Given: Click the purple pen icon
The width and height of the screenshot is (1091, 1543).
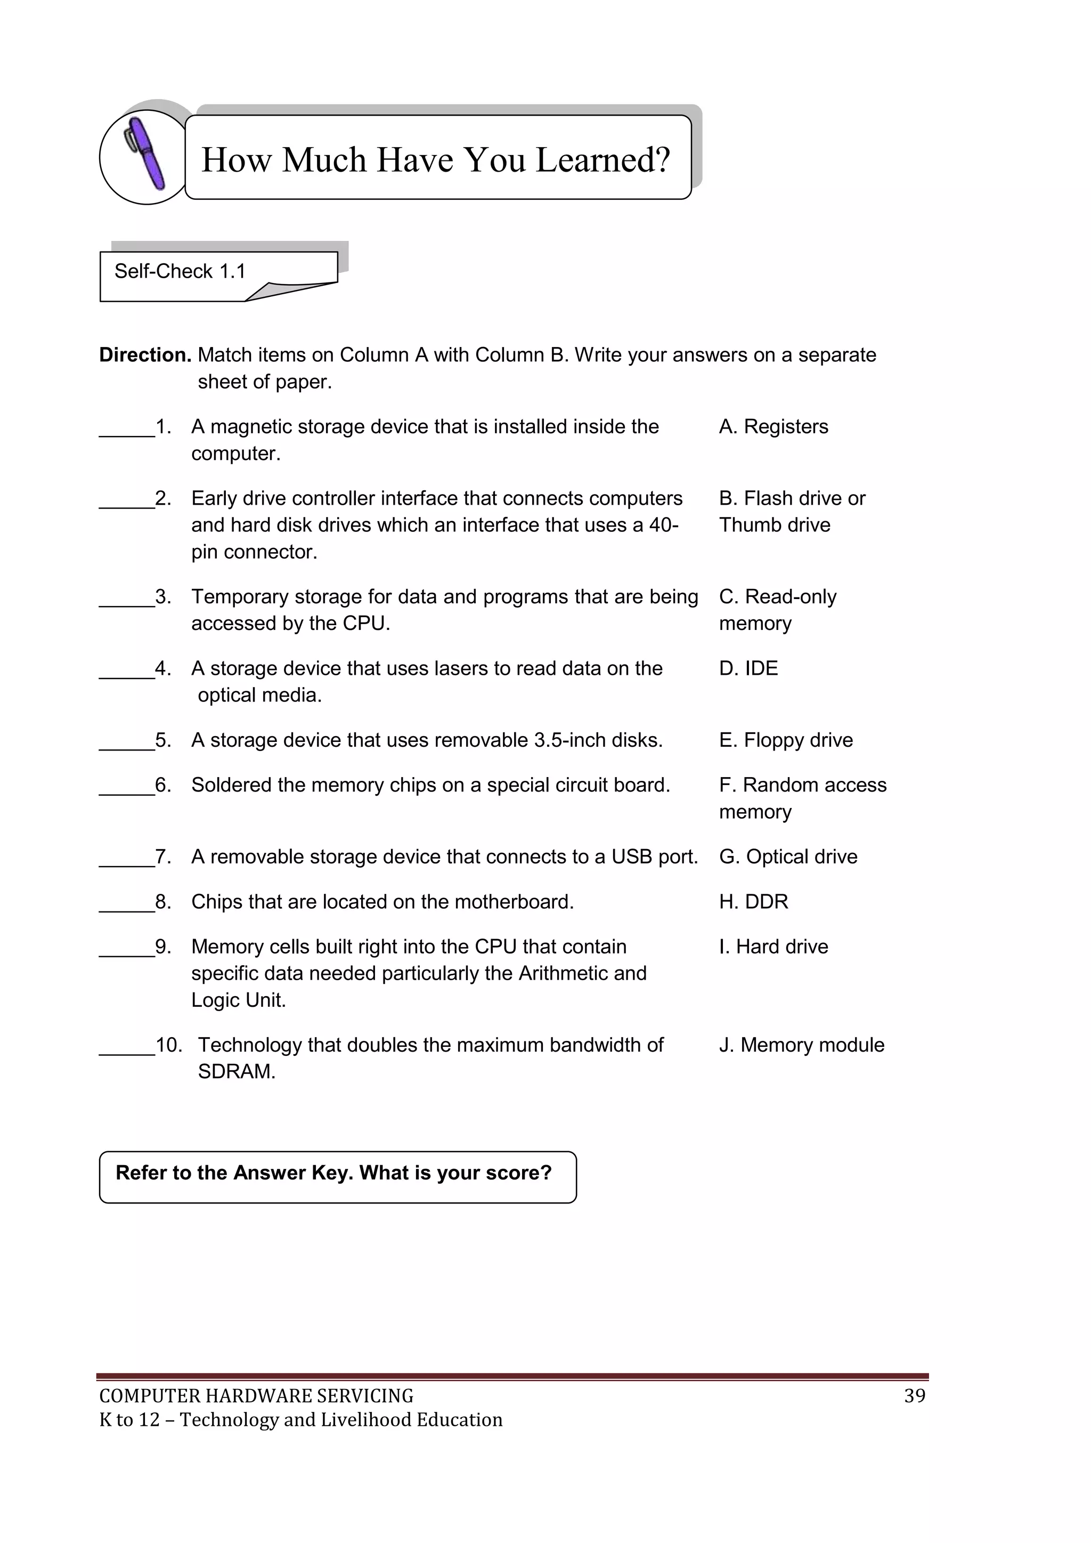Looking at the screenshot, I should [x=146, y=155].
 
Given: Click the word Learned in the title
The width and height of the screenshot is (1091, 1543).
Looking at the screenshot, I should [x=603, y=160].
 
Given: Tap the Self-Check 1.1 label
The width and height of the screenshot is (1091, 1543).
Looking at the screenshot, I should [x=180, y=271].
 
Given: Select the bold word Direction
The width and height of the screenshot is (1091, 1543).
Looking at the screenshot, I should [x=145, y=355].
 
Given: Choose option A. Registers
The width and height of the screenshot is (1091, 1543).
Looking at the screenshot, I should [x=774, y=427].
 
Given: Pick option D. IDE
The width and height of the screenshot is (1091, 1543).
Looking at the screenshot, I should [x=748, y=669].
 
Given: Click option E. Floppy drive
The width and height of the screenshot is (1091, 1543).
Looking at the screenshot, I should [x=785, y=740].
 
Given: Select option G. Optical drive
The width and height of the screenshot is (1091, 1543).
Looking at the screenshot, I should [x=788, y=857].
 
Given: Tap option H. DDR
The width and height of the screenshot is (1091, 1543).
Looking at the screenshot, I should [x=753, y=902].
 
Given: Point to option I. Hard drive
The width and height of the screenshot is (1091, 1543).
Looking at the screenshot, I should [x=774, y=947].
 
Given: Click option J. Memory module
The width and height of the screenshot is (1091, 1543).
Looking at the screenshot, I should [x=801, y=1045].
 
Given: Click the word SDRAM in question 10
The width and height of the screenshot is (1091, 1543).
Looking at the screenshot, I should [x=237, y=1072].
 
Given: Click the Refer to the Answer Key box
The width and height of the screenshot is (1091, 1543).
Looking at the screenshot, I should [x=337, y=1177].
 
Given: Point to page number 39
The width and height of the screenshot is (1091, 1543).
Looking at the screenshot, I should [x=914, y=1396].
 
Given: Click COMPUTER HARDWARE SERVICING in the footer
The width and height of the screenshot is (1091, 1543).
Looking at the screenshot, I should [x=256, y=1396].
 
